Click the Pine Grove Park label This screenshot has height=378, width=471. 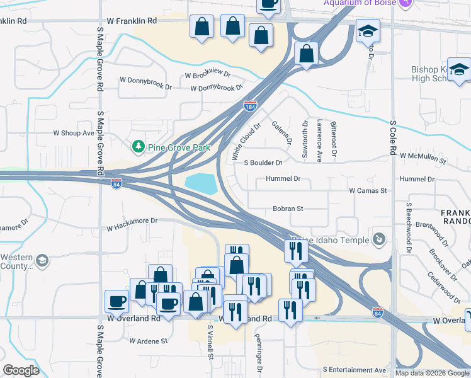click(x=178, y=147)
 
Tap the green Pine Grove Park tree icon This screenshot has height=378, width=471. click(x=138, y=147)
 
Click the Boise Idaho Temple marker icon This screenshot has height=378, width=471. click(x=378, y=239)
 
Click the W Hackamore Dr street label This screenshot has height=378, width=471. click(x=132, y=221)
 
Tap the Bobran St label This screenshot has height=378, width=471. click(x=288, y=209)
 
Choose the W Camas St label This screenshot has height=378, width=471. click(x=368, y=190)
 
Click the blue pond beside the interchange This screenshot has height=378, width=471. click(x=201, y=184)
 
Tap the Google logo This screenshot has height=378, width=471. click(x=21, y=370)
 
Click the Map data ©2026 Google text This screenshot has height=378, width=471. click(x=432, y=373)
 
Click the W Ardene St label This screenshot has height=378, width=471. click(x=149, y=341)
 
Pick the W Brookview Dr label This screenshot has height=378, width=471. click(x=208, y=75)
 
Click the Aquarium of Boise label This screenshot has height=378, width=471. click(x=360, y=3)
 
